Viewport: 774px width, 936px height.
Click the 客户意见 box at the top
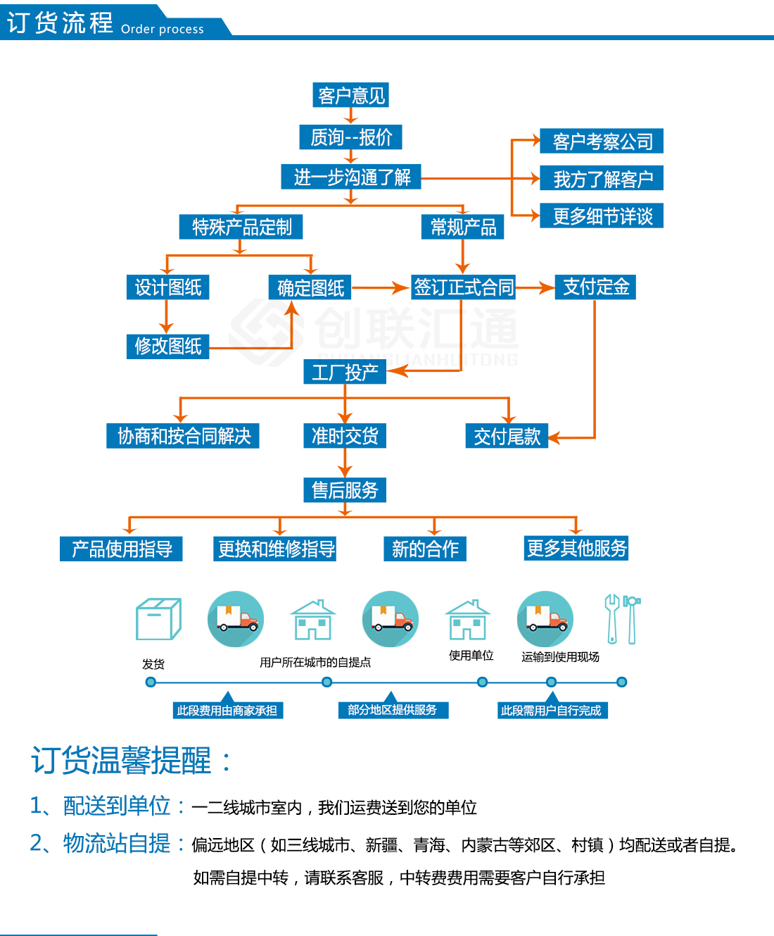[350, 95]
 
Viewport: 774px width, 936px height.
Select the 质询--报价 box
[350, 137]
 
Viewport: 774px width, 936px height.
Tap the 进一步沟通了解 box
[351, 177]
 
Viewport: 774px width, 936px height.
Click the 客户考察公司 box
[602, 141]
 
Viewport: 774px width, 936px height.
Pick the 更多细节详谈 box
[602, 216]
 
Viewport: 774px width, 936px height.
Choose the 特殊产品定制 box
[241, 227]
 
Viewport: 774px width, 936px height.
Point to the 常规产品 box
[462, 227]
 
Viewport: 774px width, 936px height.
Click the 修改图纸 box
[167, 346]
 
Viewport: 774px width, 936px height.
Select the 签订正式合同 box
[463, 287]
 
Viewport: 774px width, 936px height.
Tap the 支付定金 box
[595, 287]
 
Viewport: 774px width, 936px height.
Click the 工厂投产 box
[345, 372]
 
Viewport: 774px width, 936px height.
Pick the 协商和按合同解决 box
[183, 436]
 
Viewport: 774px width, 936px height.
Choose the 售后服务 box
[345, 489]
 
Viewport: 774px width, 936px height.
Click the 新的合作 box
[425, 549]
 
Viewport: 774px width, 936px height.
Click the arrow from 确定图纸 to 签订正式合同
[381, 287]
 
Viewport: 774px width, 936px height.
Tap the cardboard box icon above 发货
[158, 619]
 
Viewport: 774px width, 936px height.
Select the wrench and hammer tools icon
[622, 619]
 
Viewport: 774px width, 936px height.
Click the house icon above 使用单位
[467, 619]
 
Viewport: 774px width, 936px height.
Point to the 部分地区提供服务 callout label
[392, 710]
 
